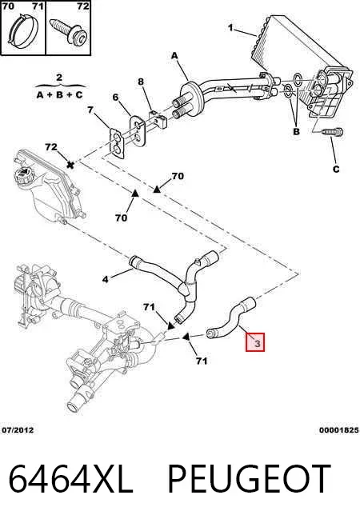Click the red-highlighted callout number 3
point(258,343)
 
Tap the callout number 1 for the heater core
point(230,27)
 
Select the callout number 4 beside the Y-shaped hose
point(106,279)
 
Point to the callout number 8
point(141,82)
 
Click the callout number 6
point(115,98)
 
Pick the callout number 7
point(90,110)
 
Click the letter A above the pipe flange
point(174,56)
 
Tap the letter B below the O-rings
point(296,131)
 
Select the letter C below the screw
point(336,169)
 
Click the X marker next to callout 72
point(70,165)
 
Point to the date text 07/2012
point(18,430)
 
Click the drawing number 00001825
point(338,430)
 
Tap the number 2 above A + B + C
point(59,78)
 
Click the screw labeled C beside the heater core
point(333,132)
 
